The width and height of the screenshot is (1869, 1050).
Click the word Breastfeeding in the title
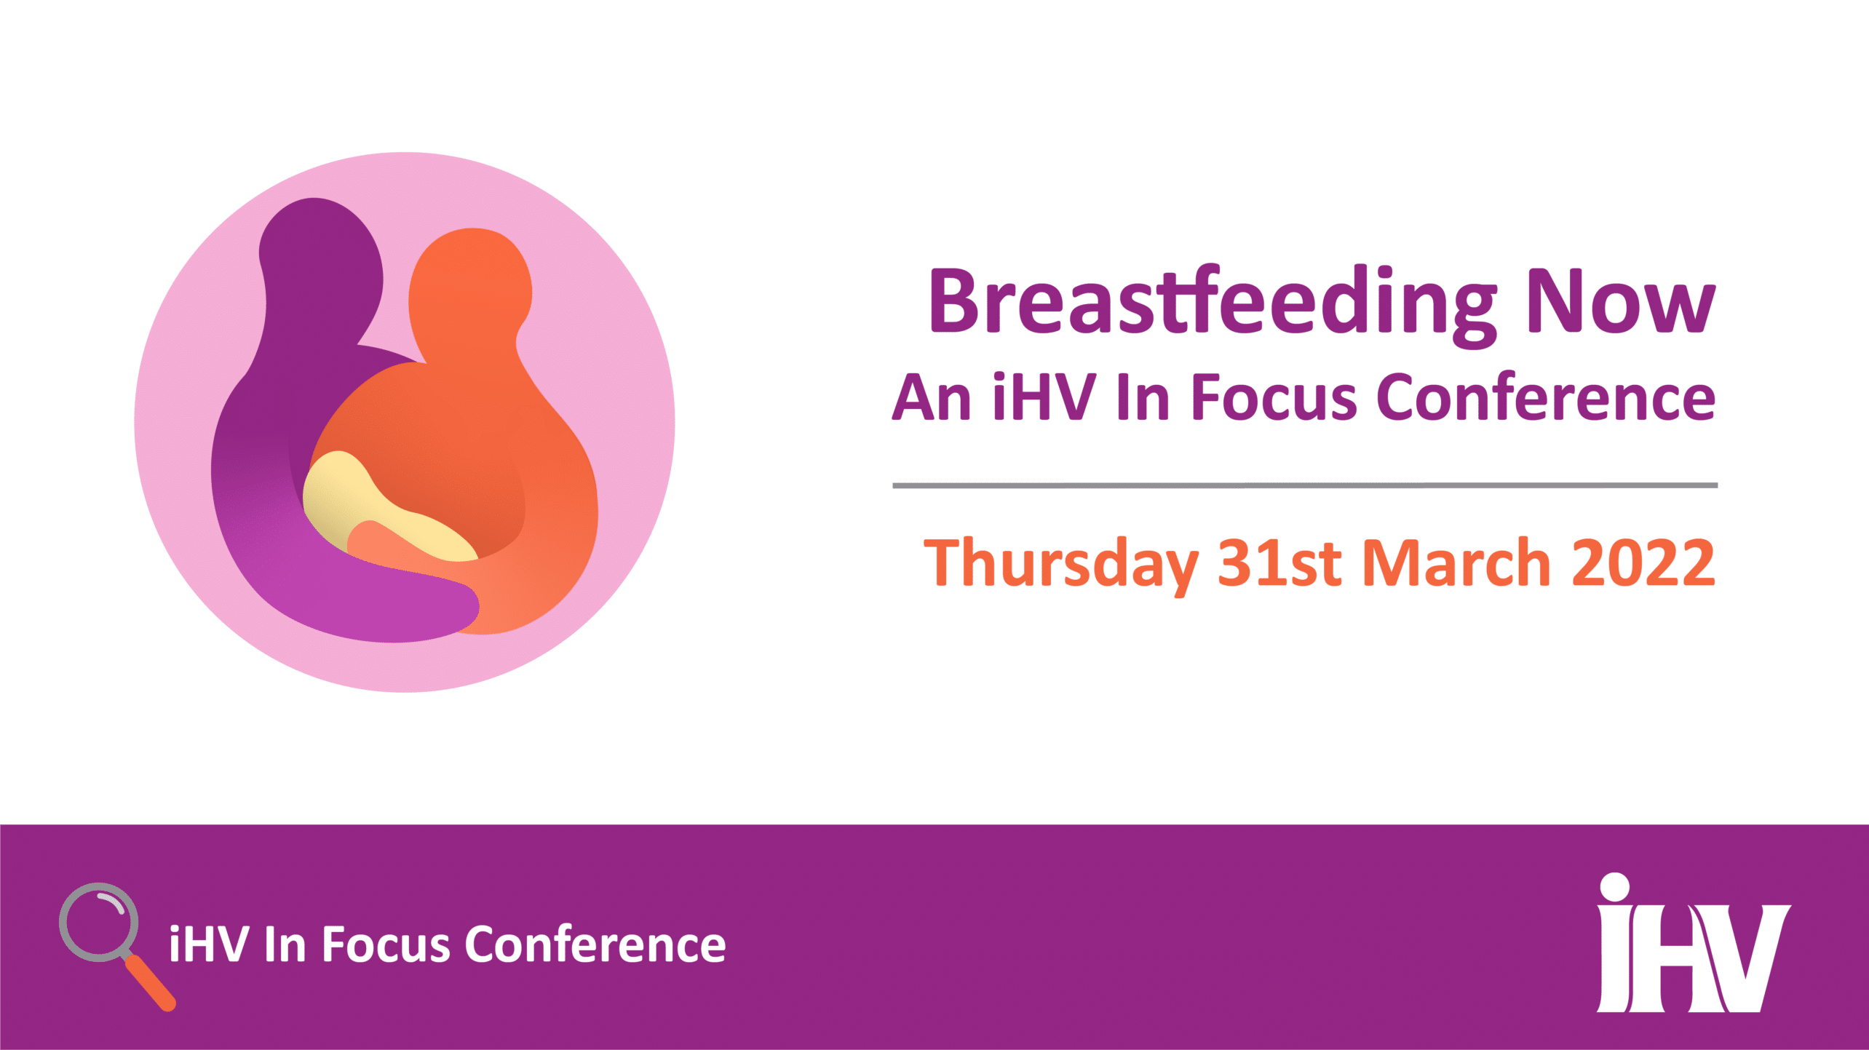tap(1213, 305)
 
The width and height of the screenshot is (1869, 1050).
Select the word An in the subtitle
tap(932, 397)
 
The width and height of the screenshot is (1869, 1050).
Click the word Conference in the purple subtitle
tap(1547, 397)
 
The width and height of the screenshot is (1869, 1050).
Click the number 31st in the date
tap(1279, 562)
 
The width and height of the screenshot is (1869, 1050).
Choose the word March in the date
tap(1456, 562)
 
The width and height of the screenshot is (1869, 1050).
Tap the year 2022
tap(1643, 562)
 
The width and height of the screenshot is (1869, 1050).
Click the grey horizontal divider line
tap(1305, 485)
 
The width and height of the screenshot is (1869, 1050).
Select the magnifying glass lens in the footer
tap(99, 922)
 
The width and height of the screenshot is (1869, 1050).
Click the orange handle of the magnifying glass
tap(151, 983)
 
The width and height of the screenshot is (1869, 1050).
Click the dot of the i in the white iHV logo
tap(1615, 887)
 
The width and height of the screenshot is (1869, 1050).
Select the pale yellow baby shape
tap(378, 509)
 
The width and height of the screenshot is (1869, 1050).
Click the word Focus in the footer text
tap(386, 944)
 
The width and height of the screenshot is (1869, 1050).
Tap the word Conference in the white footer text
tap(595, 944)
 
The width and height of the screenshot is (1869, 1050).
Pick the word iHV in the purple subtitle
tap(1045, 396)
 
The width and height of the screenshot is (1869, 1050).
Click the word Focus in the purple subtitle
tap(1274, 397)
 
